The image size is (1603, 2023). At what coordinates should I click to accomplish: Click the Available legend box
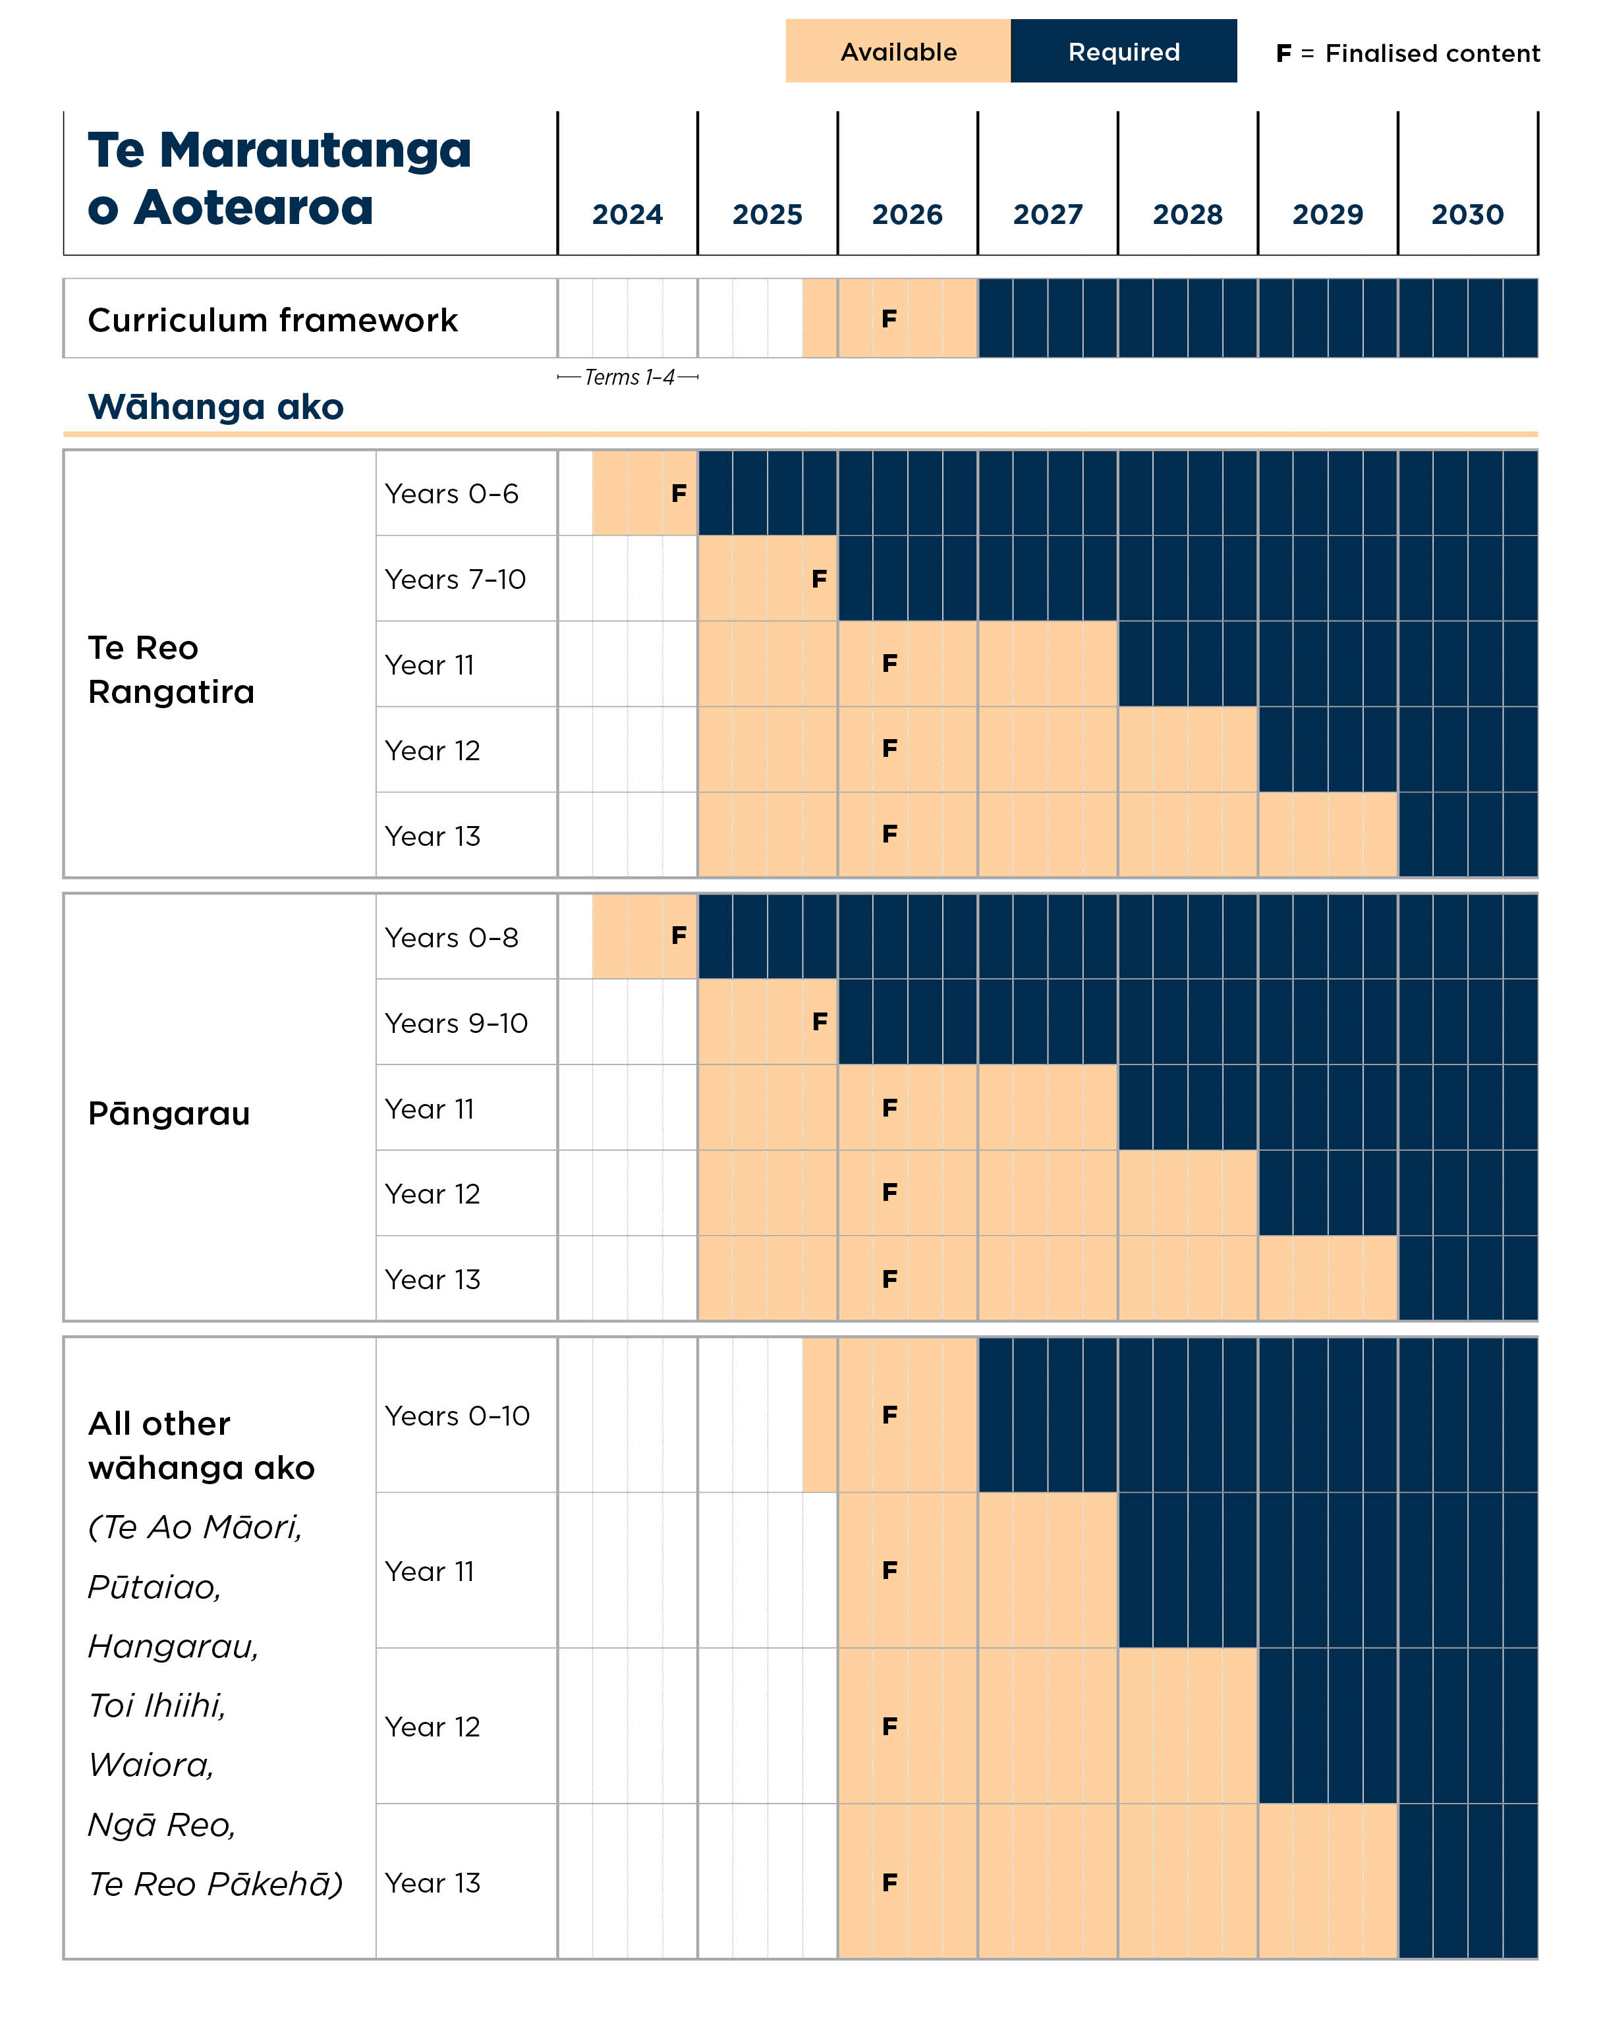click(x=898, y=51)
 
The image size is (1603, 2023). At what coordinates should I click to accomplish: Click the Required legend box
click(x=1123, y=51)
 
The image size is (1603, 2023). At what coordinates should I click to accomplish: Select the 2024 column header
click(x=627, y=215)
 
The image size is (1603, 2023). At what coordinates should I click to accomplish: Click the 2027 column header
click(x=1048, y=215)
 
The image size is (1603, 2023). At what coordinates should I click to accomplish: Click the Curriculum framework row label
click(x=272, y=320)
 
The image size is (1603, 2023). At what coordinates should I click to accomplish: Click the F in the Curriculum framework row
click(x=889, y=319)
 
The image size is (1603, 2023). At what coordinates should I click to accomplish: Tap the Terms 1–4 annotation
click(x=628, y=377)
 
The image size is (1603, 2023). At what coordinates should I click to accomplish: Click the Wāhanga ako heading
click(x=216, y=407)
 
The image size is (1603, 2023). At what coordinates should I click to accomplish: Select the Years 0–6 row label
click(x=451, y=493)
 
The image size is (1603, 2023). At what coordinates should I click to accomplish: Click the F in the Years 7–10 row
click(x=820, y=579)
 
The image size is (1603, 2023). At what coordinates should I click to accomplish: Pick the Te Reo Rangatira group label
click(x=171, y=669)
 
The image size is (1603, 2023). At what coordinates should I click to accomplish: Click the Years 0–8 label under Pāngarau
click(x=451, y=937)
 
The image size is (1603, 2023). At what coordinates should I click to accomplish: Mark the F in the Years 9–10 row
click(x=820, y=1021)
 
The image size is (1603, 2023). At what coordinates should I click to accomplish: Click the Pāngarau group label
click(x=169, y=1114)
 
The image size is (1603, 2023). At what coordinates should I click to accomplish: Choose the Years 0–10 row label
click(x=457, y=1415)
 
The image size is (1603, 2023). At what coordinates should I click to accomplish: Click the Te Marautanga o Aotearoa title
click(x=279, y=179)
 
